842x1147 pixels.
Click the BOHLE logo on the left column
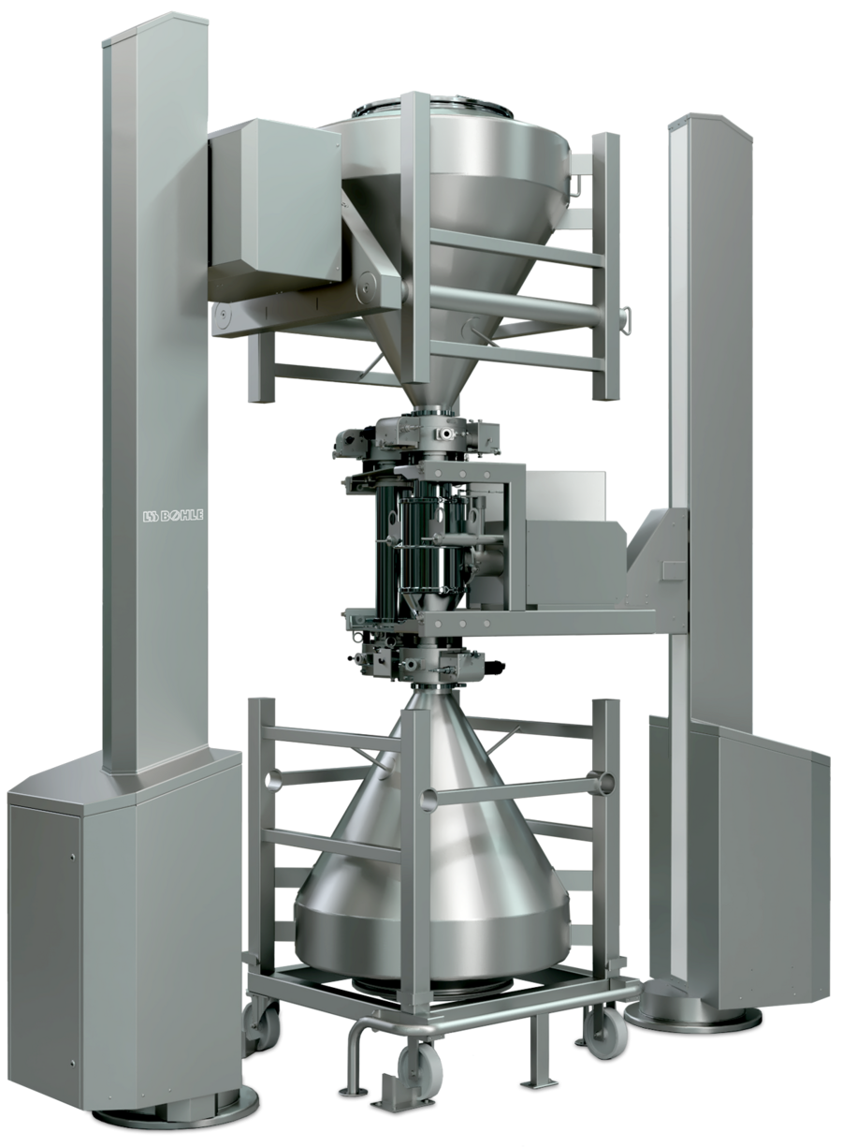(x=172, y=515)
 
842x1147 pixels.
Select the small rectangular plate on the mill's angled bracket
(x=675, y=570)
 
